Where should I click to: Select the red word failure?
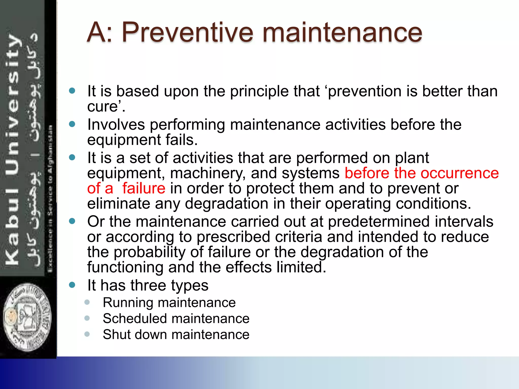coord(144,188)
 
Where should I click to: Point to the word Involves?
coord(116,125)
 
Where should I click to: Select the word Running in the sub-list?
coord(128,303)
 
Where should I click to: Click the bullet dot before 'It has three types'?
coord(72,285)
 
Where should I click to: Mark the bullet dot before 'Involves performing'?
coord(72,124)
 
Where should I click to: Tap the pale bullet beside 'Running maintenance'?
coord(87,302)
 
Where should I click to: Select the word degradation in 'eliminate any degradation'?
coord(227,204)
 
